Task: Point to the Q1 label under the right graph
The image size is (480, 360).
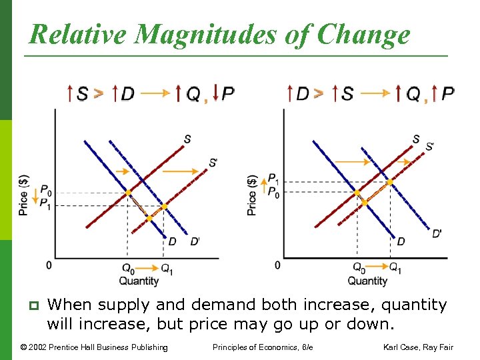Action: (395, 268)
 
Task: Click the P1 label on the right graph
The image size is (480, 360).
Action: (273, 179)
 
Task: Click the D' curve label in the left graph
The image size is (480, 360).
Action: (195, 241)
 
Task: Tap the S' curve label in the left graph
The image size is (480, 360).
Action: (213, 162)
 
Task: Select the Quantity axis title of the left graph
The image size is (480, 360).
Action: (139, 281)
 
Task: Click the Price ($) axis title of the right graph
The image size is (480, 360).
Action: (252, 195)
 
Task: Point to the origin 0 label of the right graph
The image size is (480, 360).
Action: (277, 265)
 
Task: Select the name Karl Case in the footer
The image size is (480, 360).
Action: (406, 347)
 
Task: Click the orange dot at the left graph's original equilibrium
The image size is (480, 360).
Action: (128, 193)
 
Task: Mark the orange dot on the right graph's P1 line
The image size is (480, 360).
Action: (390, 181)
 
